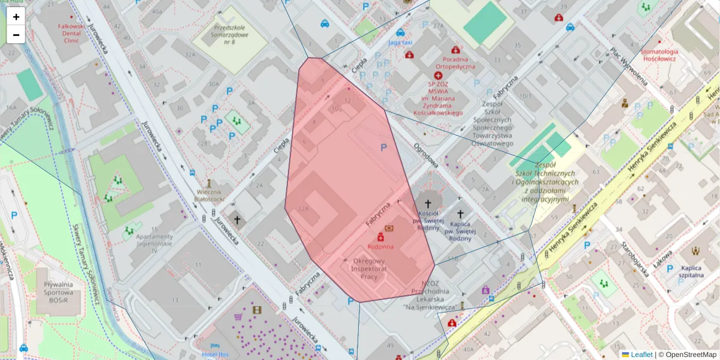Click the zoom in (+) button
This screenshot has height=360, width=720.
pyautogui.click(x=16, y=17)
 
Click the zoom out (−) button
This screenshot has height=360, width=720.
pyautogui.click(x=16, y=34)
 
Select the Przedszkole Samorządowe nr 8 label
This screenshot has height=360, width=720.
pyautogui.click(x=221, y=35)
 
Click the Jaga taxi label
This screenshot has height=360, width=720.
pyautogui.click(x=400, y=43)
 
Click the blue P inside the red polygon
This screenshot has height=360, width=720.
pyautogui.click(x=383, y=147)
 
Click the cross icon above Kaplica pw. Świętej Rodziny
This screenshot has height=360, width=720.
pyautogui.click(x=460, y=214)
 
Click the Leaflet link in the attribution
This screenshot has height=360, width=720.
pyautogui.click(x=641, y=355)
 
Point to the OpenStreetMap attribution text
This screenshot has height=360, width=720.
pyautogui.click(x=691, y=355)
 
